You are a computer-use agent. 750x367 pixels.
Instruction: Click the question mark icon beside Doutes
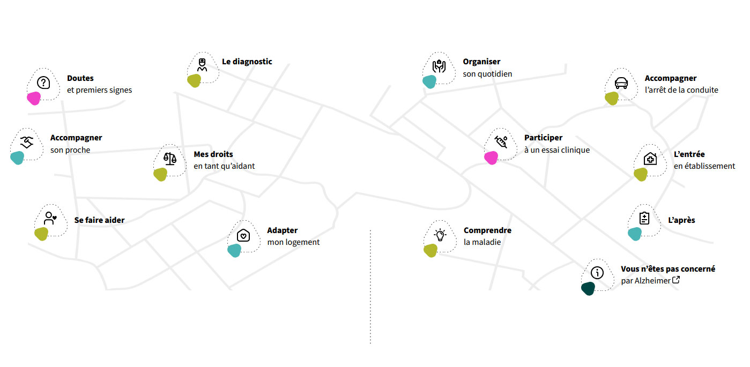(43, 83)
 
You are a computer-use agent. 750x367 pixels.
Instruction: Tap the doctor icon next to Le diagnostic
(202, 65)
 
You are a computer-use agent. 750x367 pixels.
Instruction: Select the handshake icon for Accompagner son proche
(27, 142)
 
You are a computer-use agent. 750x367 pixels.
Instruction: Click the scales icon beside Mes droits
(170, 159)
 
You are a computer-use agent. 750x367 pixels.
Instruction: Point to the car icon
(621, 83)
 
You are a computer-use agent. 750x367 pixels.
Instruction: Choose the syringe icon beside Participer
(501, 142)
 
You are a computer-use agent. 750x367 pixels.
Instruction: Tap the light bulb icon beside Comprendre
(440, 235)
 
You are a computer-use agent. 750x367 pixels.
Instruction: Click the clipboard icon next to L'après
(644, 218)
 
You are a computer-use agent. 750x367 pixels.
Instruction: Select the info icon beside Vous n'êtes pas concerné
(597, 273)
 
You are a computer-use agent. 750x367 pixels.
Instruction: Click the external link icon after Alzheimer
(676, 280)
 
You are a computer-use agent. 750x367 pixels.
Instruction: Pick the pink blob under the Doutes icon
(34, 99)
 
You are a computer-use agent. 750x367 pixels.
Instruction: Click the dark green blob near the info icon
(588, 288)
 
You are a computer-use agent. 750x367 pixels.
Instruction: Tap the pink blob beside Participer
(491, 158)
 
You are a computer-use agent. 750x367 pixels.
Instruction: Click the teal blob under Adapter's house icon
(234, 250)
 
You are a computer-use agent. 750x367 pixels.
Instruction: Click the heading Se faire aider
(99, 220)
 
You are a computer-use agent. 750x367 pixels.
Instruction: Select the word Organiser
(481, 62)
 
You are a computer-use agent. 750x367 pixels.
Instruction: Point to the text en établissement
(704, 166)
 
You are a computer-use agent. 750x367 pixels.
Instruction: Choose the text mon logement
(293, 242)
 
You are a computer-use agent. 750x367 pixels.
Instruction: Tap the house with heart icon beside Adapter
(243, 235)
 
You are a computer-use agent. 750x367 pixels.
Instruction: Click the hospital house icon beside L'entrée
(650, 159)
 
